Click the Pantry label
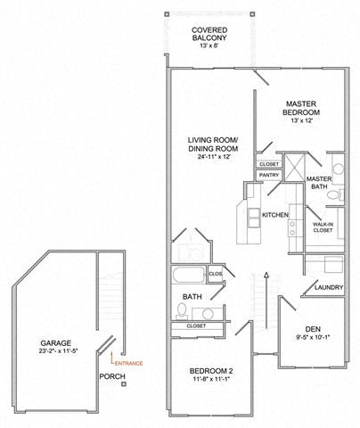269,176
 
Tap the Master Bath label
320,183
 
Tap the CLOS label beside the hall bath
216,273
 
